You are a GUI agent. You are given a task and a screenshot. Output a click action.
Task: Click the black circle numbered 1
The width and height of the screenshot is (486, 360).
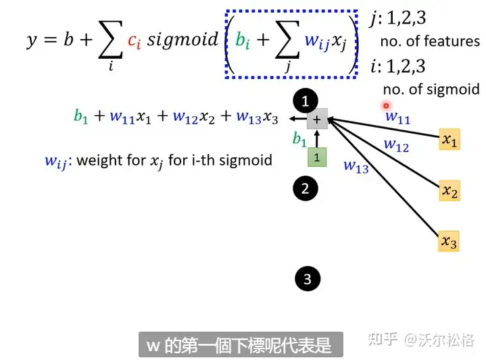click(x=305, y=101)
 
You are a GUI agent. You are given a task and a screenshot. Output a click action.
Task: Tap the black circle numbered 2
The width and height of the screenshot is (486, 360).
click(x=305, y=188)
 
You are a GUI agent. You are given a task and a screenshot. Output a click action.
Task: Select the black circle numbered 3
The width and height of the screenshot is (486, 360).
click(x=308, y=278)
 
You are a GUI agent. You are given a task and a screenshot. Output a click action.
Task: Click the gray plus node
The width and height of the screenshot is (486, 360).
click(x=317, y=120)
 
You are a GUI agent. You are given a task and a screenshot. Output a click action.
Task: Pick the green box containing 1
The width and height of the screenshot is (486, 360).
click(x=317, y=157)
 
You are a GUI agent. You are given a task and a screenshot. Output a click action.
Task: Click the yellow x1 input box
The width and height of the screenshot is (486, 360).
click(x=449, y=139)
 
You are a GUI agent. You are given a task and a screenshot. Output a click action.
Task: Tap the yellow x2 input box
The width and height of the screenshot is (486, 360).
click(x=449, y=191)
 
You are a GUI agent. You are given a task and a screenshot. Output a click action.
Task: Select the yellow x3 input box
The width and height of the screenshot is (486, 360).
click(x=448, y=241)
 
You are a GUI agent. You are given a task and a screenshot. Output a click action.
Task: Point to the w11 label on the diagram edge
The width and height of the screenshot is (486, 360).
click(x=397, y=118)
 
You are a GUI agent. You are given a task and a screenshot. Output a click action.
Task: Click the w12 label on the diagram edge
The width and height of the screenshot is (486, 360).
click(x=396, y=145)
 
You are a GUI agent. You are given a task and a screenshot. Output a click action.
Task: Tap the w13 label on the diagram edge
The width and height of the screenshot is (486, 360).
click(x=356, y=166)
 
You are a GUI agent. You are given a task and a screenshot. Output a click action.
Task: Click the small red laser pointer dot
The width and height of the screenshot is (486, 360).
click(x=386, y=105)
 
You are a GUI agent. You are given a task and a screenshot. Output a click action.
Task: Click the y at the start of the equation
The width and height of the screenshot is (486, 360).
click(x=32, y=41)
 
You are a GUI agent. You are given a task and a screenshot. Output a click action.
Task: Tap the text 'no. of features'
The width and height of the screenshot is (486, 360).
click(x=430, y=42)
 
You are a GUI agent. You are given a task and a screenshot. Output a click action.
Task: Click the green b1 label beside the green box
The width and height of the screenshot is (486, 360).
click(x=299, y=140)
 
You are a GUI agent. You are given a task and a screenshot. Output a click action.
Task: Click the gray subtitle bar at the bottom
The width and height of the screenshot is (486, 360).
click(x=241, y=345)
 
